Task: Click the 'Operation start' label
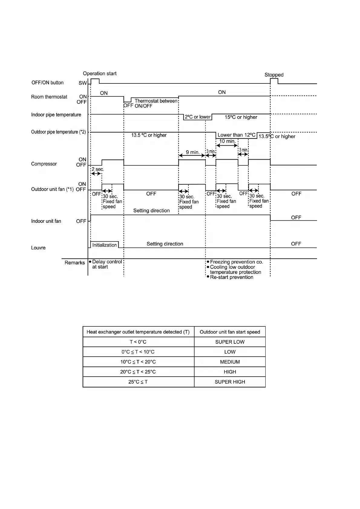coord(100,73)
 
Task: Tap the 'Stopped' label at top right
coord(274,75)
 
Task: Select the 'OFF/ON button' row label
coord(47,83)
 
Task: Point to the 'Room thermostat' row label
coord(49,97)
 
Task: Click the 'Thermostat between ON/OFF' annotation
coord(156,103)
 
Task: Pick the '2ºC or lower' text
coord(198,117)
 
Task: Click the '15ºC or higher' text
coord(241,117)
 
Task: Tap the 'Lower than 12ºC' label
coord(236,135)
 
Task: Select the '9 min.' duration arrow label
coord(192,152)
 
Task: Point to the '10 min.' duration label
coord(227,141)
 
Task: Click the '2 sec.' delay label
coord(97,169)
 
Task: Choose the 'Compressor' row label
coord(44,164)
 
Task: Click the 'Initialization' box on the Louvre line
coord(104,245)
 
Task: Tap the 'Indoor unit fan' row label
coord(46,221)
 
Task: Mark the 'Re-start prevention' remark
coord(231,277)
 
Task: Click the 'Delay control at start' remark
coord(106,264)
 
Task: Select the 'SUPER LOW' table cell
coord(230,342)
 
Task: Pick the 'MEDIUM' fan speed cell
coord(230,362)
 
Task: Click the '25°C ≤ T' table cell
coord(138,382)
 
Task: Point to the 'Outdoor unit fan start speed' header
coord(230,332)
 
